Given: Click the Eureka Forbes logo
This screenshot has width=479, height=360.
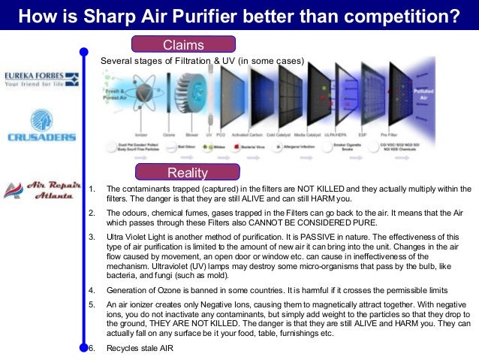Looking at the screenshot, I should [x=41, y=79].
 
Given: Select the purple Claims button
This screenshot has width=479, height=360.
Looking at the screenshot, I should [x=184, y=44].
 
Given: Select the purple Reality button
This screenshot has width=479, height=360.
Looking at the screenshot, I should [x=187, y=171].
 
